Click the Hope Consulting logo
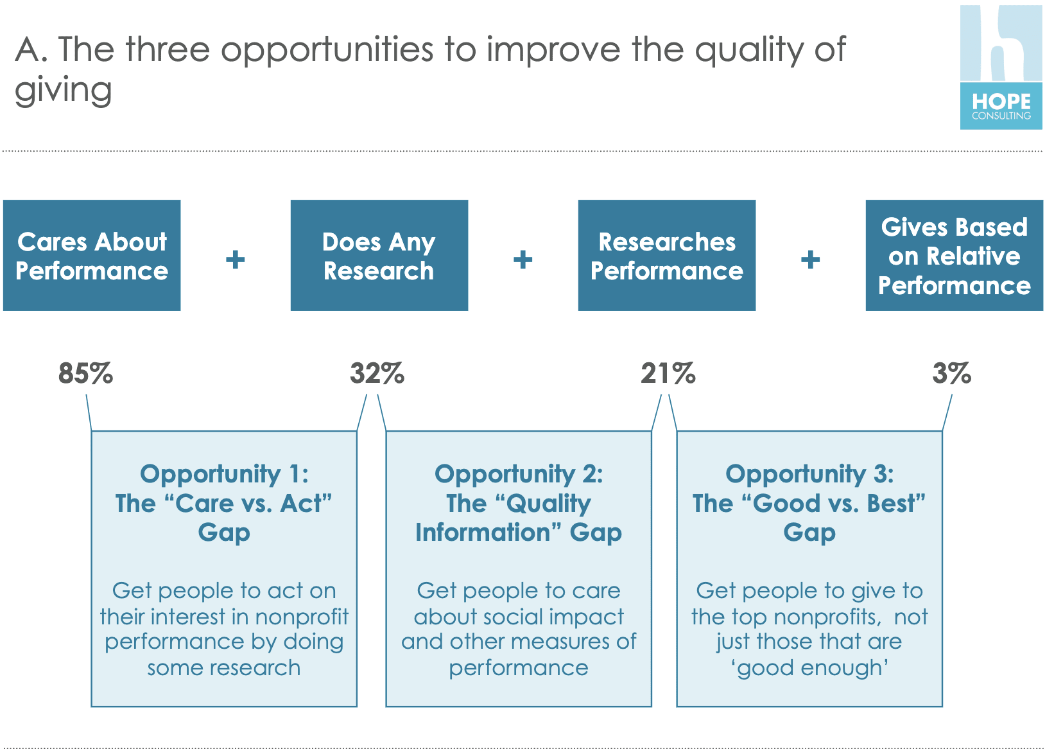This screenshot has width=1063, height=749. (x=1001, y=67)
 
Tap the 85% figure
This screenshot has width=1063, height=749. (x=85, y=373)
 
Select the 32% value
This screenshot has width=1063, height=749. (x=377, y=373)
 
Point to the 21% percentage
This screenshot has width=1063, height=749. (x=668, y=373)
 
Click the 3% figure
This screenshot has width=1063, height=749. (x=952, y=373)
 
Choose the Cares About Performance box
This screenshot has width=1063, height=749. (x=92, y=256)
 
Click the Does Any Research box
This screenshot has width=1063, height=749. (x=379, y=256)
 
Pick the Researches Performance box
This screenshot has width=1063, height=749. (x=667, y=256)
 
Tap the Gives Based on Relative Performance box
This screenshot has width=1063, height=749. (x=955, y=256)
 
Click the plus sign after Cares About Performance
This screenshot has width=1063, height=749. (x=236, y=260)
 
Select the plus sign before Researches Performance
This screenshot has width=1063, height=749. (x=523, y=260)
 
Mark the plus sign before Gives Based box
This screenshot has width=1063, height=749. (x=811, y=260)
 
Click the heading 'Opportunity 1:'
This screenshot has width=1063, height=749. (x=224, y=475)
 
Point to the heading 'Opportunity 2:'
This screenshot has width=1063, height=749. (x=519, y=475)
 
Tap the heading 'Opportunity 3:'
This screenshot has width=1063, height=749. (x=809, y=475)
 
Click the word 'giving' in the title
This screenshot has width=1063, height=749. (x=64, y=91)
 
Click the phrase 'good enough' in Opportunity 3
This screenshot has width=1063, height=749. (x=809, y=668)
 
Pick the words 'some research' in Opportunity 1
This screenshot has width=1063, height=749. (x=224, y=668)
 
